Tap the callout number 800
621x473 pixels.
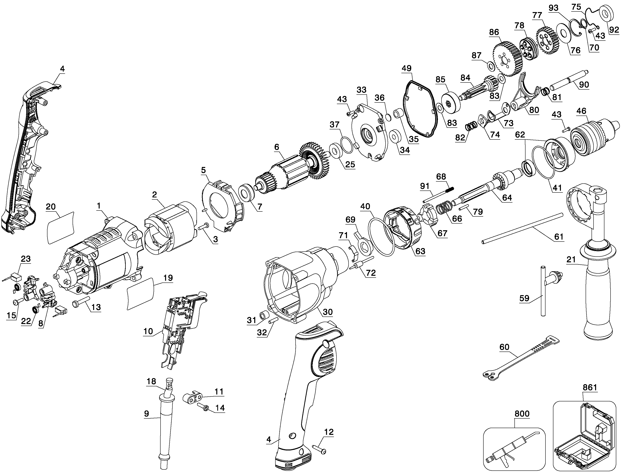(x=522, y=414)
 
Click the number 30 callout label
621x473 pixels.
(x=328, y=312)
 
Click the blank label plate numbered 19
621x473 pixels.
(x=141, y=294)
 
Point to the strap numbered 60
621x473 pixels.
(x=521, y=359)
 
